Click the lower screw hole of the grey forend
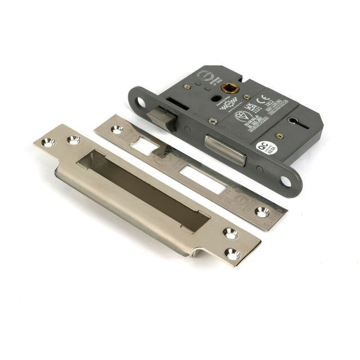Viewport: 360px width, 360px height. click(286, 181)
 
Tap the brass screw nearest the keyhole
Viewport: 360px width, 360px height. click(280, 136)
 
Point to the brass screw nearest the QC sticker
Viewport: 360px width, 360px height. click(280, 136)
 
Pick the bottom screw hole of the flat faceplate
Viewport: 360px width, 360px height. click(263, 211)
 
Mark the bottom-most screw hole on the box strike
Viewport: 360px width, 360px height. click(232, 254)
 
